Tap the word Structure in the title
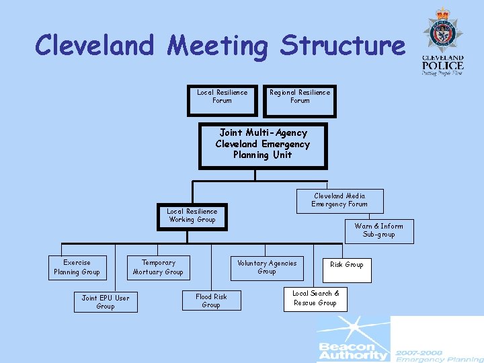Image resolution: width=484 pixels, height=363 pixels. (343, 46)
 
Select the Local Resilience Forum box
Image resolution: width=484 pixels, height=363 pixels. (222, 97)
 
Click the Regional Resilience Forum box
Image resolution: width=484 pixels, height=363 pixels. (300, 97)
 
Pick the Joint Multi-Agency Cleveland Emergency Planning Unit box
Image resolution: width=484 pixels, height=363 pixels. (262, 145)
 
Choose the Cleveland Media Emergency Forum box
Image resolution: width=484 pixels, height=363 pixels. (339, 200)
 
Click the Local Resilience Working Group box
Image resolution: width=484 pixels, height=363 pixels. (192, 216)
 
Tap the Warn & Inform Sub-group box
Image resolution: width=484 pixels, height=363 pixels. (378, 231)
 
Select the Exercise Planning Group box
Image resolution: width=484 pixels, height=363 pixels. (77, 268)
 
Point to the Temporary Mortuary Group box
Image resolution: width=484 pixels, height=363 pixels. (158, 268)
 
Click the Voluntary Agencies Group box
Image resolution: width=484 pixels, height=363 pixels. (267, 268)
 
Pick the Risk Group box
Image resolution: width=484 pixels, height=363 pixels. (346, 266)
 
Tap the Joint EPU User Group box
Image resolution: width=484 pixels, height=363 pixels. (106, 302)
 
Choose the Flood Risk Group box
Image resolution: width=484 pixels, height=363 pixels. (211, 301)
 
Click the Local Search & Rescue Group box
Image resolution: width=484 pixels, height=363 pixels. (315, 298)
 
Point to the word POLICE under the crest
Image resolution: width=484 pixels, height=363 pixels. (442, 66)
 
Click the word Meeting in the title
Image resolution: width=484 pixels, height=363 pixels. (218, 46)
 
